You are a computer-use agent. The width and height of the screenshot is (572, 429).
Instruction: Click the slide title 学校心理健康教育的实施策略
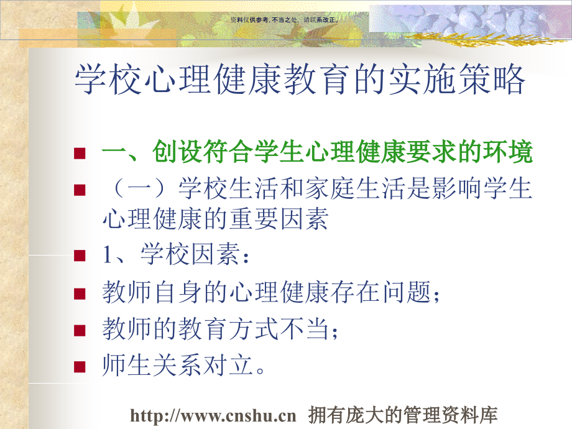point(300,80)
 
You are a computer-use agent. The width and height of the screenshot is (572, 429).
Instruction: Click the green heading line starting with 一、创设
point(316,153)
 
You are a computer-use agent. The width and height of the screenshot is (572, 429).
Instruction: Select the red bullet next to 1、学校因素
point(79,255)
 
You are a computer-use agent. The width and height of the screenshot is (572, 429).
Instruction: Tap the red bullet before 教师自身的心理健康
point(79,293)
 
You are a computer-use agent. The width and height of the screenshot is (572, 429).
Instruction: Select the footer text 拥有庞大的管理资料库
point(404,415)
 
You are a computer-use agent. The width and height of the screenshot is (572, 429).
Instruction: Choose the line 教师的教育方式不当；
point(221,329)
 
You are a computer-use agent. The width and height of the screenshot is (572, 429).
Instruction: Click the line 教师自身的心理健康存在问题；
point(271,292)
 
